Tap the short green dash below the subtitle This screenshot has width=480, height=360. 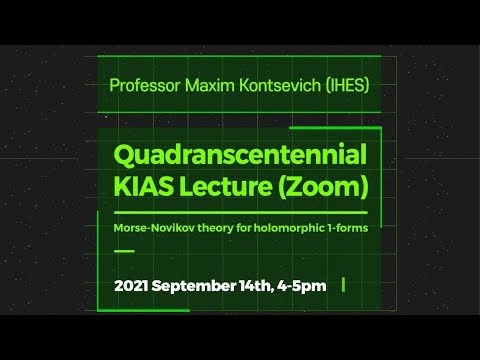click(x=124, y=250)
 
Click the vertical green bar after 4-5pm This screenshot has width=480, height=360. click(x=344, y=285)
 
